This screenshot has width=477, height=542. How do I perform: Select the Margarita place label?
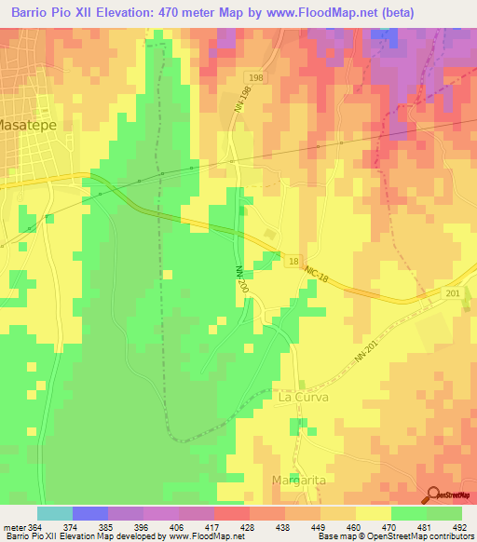click(x=299, y=480)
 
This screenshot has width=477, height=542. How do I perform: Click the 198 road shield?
click(x=255, y=77)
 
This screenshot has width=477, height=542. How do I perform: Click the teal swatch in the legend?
click(x=55, y=513)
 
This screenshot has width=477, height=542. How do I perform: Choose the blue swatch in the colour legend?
click(x=90, y=513)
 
